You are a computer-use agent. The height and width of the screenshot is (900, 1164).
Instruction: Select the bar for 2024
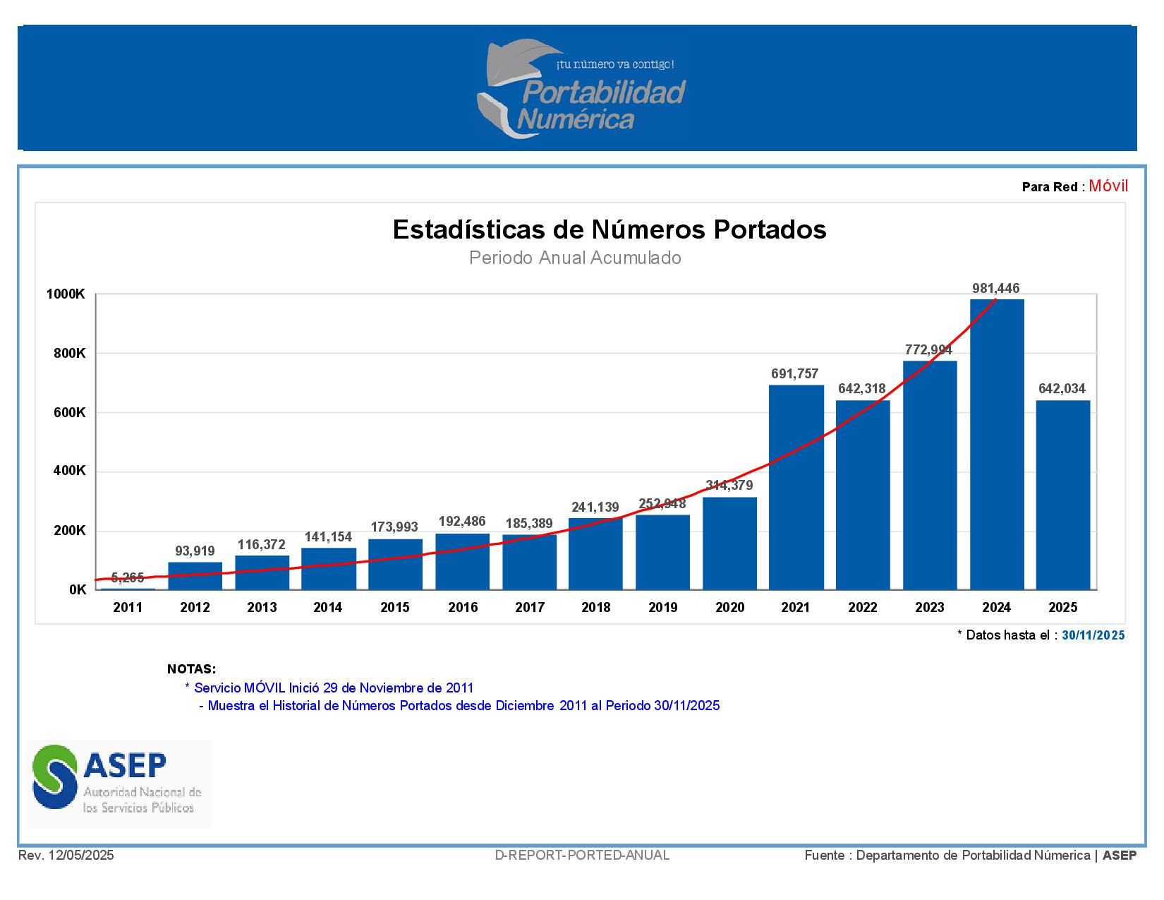[x=997, y=445]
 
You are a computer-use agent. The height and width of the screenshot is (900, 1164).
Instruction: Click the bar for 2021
[x=796, y=487]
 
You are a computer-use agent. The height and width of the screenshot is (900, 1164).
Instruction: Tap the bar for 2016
[x=462, y=562]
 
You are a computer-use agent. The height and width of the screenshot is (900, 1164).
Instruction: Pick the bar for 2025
[x=1063, y=495]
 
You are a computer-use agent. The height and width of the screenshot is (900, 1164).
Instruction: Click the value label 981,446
[x=996, y=288]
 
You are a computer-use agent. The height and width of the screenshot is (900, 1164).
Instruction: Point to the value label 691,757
[x=795, y=374]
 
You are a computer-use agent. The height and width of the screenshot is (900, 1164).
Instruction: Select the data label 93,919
[x=195, y=551]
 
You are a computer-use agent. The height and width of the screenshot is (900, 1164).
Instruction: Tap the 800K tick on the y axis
[x=69, y=354]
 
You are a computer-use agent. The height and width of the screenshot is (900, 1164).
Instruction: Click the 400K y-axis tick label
[x=69, y=471]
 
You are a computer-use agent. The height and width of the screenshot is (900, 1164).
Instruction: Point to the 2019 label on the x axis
[x=662, y=608]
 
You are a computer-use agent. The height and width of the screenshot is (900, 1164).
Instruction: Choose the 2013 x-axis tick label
[x=262, y=608]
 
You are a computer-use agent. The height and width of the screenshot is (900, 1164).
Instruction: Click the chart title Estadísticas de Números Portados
[x=610, y=229]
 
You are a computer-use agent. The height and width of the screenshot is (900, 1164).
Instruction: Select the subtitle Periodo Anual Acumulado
[x=575, y=258]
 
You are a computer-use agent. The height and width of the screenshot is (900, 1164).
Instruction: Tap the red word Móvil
[x=1108, y=186]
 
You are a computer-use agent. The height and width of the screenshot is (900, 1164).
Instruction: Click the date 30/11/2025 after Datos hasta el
[x=1093, y=635]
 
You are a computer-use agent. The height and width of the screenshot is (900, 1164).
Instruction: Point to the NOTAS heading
[x=191, y=669]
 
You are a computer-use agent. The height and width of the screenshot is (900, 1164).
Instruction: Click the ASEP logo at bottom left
[x=119, y=784]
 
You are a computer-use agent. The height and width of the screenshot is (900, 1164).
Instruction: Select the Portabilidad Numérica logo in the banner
[x=581, y=89]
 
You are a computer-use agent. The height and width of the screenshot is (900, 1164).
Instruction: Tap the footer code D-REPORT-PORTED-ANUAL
[x=582, y=856]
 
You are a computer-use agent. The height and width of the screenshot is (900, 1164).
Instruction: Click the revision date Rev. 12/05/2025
[x=66, y=856]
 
